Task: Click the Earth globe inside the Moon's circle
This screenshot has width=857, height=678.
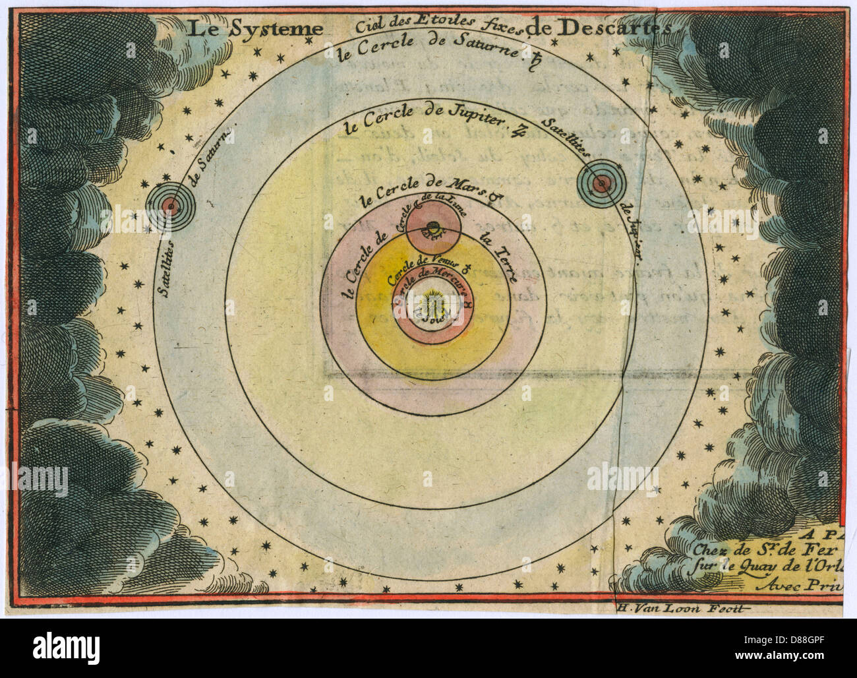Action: click(x=432, y=229)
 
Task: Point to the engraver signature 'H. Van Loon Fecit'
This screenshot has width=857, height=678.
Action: click(x=682, y=608)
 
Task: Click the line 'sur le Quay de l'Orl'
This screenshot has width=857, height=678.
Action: click(x=764, y=565)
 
